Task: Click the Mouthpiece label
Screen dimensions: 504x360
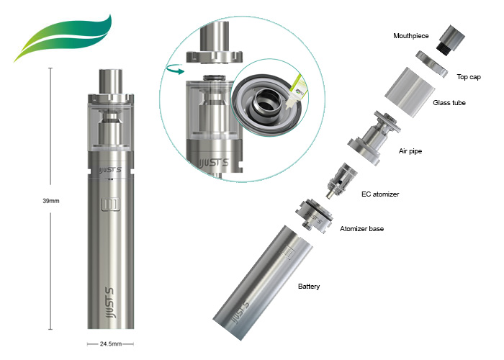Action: click(x=411, y=36)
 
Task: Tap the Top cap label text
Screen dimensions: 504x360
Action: click(x=469, y=77)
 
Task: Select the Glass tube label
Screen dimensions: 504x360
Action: click(x=449, y=103)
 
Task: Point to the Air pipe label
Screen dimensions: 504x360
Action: click(x=410, y=151)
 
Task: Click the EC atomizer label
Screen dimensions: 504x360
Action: click(x=380, y=194)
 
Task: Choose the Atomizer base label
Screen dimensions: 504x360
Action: click(x=361, y=229)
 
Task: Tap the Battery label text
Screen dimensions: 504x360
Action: click(x=309, y=287)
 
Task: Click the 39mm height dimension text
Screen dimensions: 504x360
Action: click(x=51, y=201)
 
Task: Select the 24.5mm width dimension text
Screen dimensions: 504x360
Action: click(x=111, y=344)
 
